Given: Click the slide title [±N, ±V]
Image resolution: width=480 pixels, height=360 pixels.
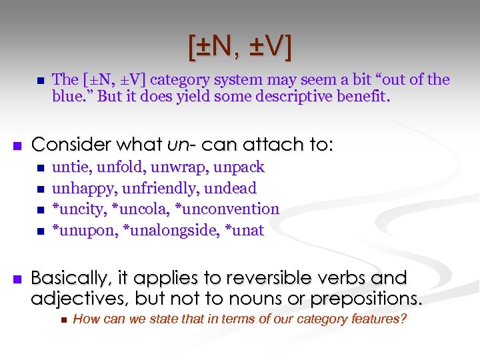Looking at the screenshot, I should pyautogui.click(x=239, y=47).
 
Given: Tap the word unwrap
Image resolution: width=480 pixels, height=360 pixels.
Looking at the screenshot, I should pyautogui.click(x=169, y=167).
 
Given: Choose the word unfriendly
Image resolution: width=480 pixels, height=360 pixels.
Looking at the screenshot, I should pyautogui.click(x=157, y=188).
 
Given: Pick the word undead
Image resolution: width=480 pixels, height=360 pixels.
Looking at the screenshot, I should pyautogui.click(x=230, y=188).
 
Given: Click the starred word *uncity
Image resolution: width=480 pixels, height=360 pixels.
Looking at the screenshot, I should pyautogui.click(x=79, y=209).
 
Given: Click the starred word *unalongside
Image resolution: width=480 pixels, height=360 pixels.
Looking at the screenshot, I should pyautogui.click(x=166, y=231).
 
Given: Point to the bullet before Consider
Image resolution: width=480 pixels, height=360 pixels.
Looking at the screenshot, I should pyautogui.click(x=18, y=145).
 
